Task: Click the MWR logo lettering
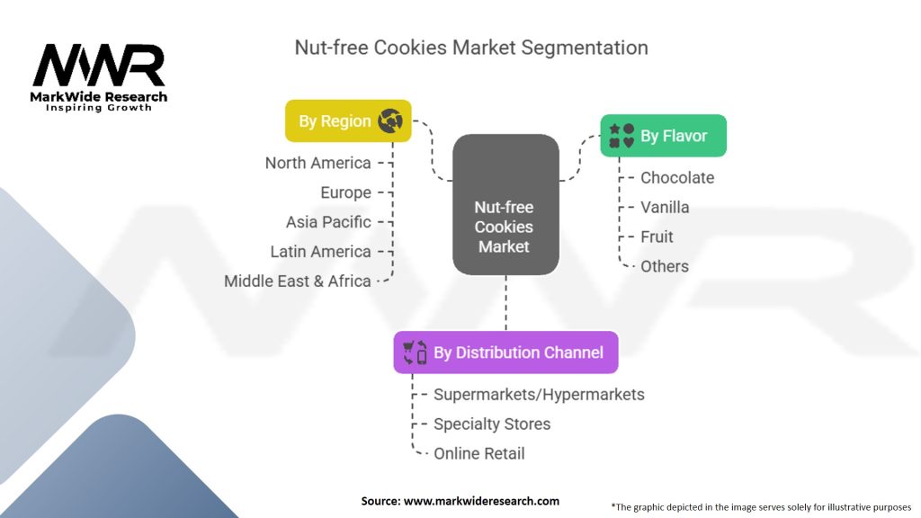99,65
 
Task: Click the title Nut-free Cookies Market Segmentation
471,48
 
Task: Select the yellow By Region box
348,121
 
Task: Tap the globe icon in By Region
390,121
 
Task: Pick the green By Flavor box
663,136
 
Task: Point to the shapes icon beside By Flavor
621,136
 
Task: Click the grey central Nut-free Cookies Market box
505,204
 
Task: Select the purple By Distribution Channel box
505,353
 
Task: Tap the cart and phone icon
415,353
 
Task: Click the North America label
317,163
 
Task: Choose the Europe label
345,192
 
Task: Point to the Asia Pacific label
328,222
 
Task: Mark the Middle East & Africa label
297,281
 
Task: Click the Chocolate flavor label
677,177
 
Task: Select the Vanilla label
665,208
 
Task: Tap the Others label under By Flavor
665,266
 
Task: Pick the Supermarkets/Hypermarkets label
539,395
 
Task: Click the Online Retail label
479,453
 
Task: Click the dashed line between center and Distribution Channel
505,303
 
